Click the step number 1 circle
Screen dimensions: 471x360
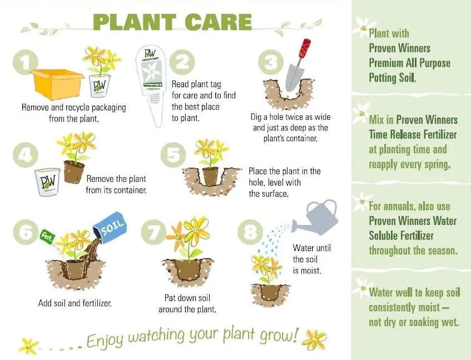pyautogui.click(x=26, y=62)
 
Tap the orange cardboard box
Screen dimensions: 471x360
pyautogui.click(x=57, y=84)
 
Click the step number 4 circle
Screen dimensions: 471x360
pyautogui.click(x=26, y=155)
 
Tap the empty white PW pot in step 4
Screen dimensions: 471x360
pyautogui.click(x=48, y=182)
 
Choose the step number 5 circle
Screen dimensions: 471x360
pyautogui.click(x=173, y=155)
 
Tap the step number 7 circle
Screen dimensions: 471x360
pyautogui.click(x=153, y=232)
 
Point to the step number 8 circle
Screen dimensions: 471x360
pyautogui.click(x=250, y=232)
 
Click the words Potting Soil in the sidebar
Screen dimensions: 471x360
pyautogui.click(x=392, y=78)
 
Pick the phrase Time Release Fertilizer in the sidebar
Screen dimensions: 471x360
pyautogui.click(x=413, y=134)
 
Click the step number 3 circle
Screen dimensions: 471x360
pyautogui.click(x=271, y=62)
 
